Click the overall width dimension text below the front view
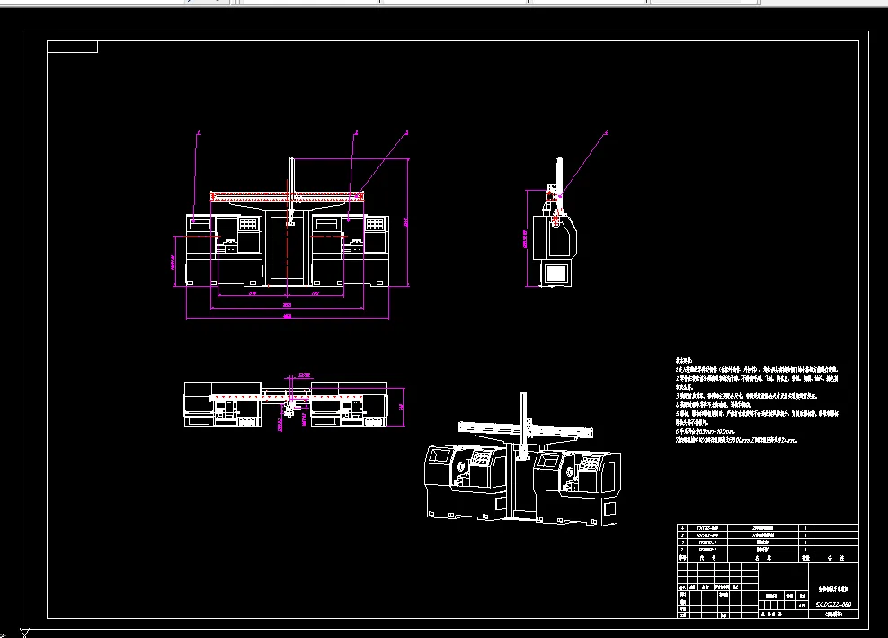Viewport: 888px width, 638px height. [288, 317]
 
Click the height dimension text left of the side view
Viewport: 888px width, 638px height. [524, 238]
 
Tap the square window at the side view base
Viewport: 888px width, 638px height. [556, 273]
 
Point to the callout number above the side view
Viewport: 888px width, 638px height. [605, 133]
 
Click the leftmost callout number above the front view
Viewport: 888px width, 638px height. [199, 133]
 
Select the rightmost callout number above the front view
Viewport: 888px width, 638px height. [406, 133]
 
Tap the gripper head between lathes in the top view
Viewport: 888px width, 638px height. [289, 409]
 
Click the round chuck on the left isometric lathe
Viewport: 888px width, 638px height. [461, 468]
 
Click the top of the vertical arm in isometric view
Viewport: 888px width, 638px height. [522, 396]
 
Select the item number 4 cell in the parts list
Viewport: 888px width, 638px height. [683, 528]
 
